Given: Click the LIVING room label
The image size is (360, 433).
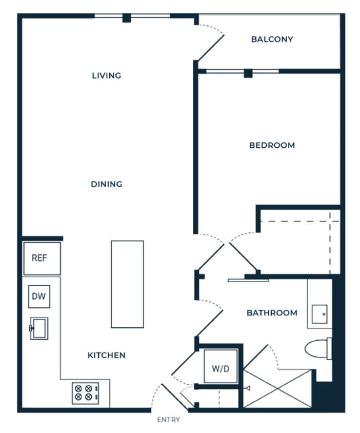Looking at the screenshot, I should (x=107, y=76).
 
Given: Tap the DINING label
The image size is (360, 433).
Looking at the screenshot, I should (x=107, y=184).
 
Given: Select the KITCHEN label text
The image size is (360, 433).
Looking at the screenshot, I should (x=107, y=355).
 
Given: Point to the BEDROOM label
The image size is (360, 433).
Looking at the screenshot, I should (x=272, y=145).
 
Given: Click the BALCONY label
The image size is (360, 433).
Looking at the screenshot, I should (x=272, y=39).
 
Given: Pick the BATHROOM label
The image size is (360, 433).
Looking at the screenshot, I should (x=272, y=312).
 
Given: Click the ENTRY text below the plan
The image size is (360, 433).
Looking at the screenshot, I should (x=169, y=420).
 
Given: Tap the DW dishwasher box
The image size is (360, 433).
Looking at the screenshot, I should (x=39, y=296).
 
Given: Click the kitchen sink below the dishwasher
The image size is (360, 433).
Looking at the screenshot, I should (x=39, y=328).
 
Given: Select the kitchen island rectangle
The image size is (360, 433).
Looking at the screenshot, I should (x=127, y=284).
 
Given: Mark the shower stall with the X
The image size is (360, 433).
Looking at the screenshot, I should (x=277, y=388).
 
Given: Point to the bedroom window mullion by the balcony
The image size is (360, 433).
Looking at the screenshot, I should (x=248, y=73).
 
